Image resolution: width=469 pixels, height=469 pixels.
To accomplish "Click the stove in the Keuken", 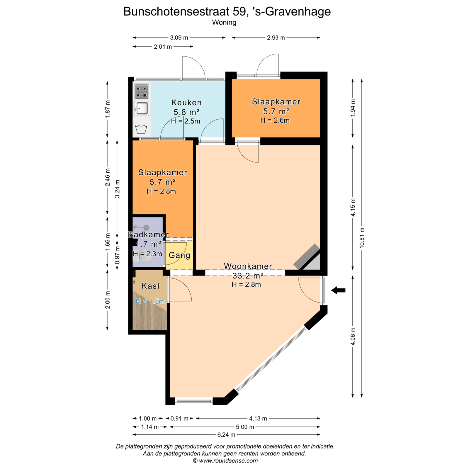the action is pyautogui.click(x=142, y=91).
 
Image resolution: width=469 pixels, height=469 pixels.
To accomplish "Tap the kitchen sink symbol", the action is pyautogui.click(x=142, y=108).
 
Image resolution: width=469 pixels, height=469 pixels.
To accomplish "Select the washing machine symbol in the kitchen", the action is pyautogui.click(x=141, y=129).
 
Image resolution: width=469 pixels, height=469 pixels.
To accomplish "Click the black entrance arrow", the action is pyautogui.click(x=338, y=290).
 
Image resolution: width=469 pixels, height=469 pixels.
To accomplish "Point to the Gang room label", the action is pyautogui.click(x=179, y=255).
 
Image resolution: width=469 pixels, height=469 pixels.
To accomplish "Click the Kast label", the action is pyautogui.click(x=151, y=286).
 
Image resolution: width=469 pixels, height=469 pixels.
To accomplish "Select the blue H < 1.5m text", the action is pyautogui.click(x=150, y=301).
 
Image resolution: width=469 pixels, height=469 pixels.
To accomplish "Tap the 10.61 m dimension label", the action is pyautogui.click(x=362, y=238).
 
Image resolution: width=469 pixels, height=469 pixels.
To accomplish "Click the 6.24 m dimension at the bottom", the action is pyautogui.click(x=226, y=435).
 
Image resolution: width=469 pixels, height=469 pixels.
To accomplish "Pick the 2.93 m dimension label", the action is pyautogui.click(x=276, y=38).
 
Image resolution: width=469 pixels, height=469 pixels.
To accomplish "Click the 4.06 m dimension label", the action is pyautogui.click(x=353, y=337).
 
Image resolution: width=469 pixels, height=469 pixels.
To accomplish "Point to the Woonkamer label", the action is pyautogui.click(x=248, y=266).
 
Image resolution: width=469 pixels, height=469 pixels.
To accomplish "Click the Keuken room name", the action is pyautogui.click(x=186, y=103).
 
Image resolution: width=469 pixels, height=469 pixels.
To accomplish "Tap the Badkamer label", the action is pyautogui.click(x=148, y=235).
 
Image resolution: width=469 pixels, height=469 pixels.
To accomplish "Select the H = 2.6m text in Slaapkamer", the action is pyautogui.click(x=275, y=120).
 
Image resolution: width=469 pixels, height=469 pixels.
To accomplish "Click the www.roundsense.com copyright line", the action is pyautogui.click(x=225, y=460).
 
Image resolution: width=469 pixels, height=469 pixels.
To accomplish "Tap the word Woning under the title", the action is pyautogui.click(x=224, y=22).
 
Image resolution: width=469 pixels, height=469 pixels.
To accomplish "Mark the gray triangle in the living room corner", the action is pyautogui.click(x=313, y=263).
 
